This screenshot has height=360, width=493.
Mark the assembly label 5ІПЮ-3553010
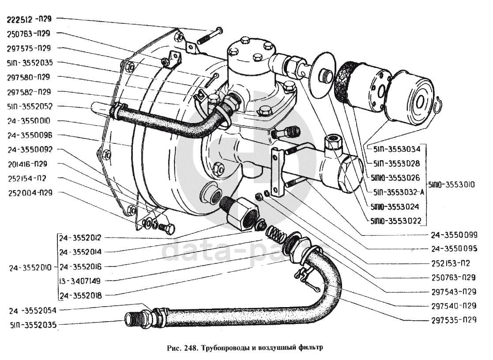tap(450, 185)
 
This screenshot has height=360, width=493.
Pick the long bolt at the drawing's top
tap(211, 34)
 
